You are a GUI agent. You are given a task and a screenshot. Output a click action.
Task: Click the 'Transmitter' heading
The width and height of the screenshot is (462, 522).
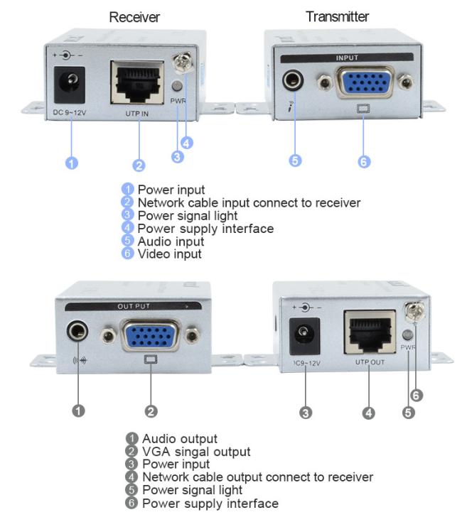click(338, 16)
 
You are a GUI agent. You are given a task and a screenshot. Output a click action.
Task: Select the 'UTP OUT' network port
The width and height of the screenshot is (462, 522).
click(369, 331)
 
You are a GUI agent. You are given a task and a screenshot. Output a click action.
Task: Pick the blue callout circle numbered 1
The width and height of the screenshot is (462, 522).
click(71, 163)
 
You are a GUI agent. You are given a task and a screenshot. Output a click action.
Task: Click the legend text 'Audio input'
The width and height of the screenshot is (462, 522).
click(171, 241)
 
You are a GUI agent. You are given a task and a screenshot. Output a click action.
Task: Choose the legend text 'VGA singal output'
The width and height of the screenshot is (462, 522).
click(196, 452)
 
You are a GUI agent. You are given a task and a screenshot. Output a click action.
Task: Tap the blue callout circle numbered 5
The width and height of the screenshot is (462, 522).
click(296, 161)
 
